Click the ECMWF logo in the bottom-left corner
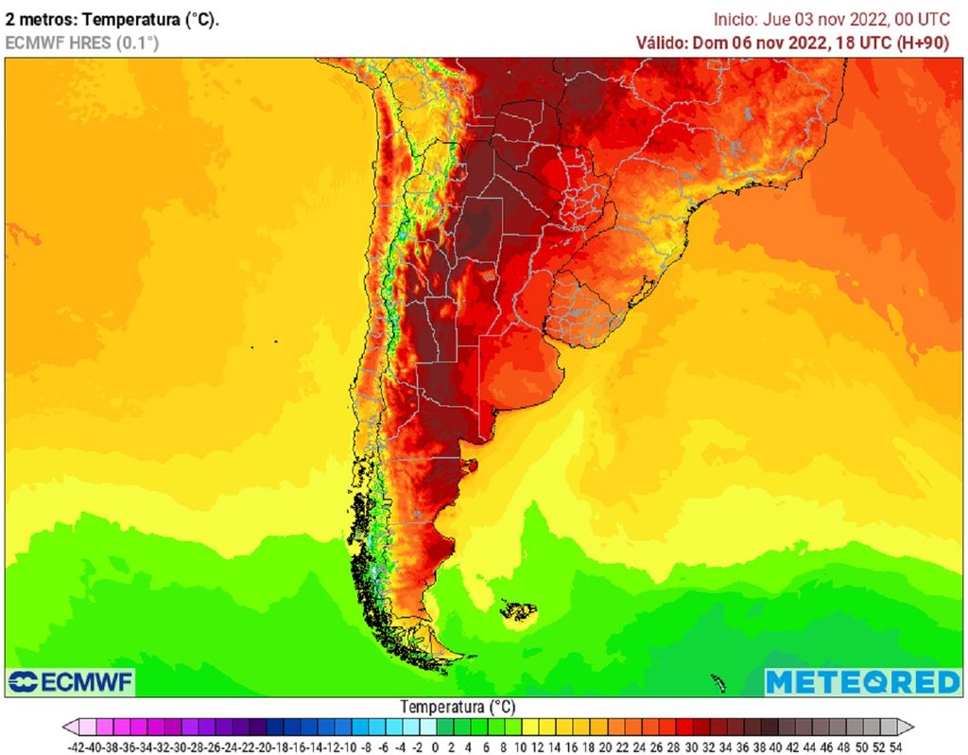[71, 681]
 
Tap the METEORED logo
[862, 681]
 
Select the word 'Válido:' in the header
[662, 42]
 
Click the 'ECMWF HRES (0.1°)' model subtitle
[82, 42]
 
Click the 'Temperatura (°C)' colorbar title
[458, 707]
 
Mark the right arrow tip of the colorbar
[913, 727]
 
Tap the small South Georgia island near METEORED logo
[717, 682]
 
